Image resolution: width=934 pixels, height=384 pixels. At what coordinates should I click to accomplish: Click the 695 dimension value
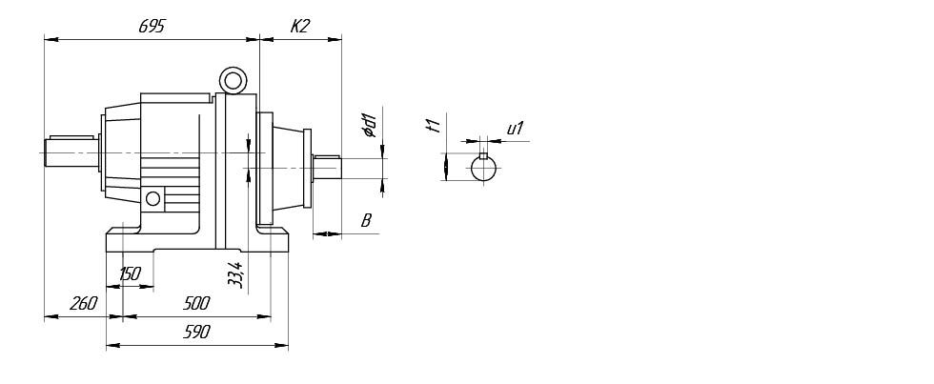pos(152,26)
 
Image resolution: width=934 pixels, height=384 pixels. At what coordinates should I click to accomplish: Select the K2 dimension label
pos(300,26)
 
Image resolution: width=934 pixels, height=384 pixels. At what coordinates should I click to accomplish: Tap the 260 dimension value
pos(84,304)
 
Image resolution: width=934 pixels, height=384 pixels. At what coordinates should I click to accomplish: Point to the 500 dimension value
pos(196,304)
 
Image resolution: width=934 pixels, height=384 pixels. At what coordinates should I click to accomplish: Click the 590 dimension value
pos(196,333)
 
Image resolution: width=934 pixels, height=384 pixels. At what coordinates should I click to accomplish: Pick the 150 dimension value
pos(130,273)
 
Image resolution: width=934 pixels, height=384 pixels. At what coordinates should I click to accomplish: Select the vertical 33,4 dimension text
pos(236,275)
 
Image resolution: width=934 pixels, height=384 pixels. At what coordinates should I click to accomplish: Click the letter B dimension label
pos(366,221)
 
